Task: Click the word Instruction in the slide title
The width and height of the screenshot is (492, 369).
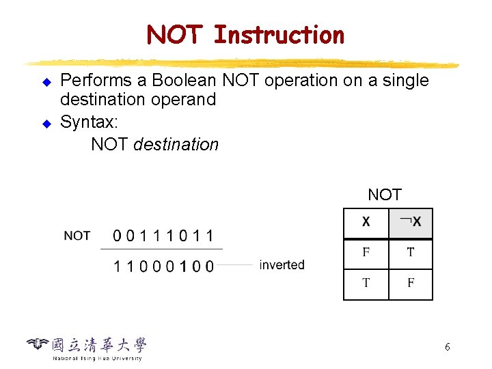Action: click(279, 34)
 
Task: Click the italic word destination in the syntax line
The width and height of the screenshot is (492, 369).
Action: click(176, 145)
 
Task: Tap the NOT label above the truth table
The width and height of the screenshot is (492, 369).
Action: click(385, 195)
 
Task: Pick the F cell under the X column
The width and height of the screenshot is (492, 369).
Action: click(366, 252)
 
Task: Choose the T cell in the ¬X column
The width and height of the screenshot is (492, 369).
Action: click(410, 252)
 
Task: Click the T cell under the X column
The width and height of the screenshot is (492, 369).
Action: click(366, 283)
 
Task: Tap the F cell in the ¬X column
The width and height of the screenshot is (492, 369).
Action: click(410, 283)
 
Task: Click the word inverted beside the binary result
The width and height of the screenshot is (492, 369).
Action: click(282, 265)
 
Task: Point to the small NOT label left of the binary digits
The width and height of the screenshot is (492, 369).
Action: click(77, 236)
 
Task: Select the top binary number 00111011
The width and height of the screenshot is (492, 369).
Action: click(163, 236)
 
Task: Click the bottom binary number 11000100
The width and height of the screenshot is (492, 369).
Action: click(163, 266)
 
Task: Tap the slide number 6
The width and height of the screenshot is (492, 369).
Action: click(447, 347)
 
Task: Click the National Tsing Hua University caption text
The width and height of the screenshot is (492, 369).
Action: click(98, 358)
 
